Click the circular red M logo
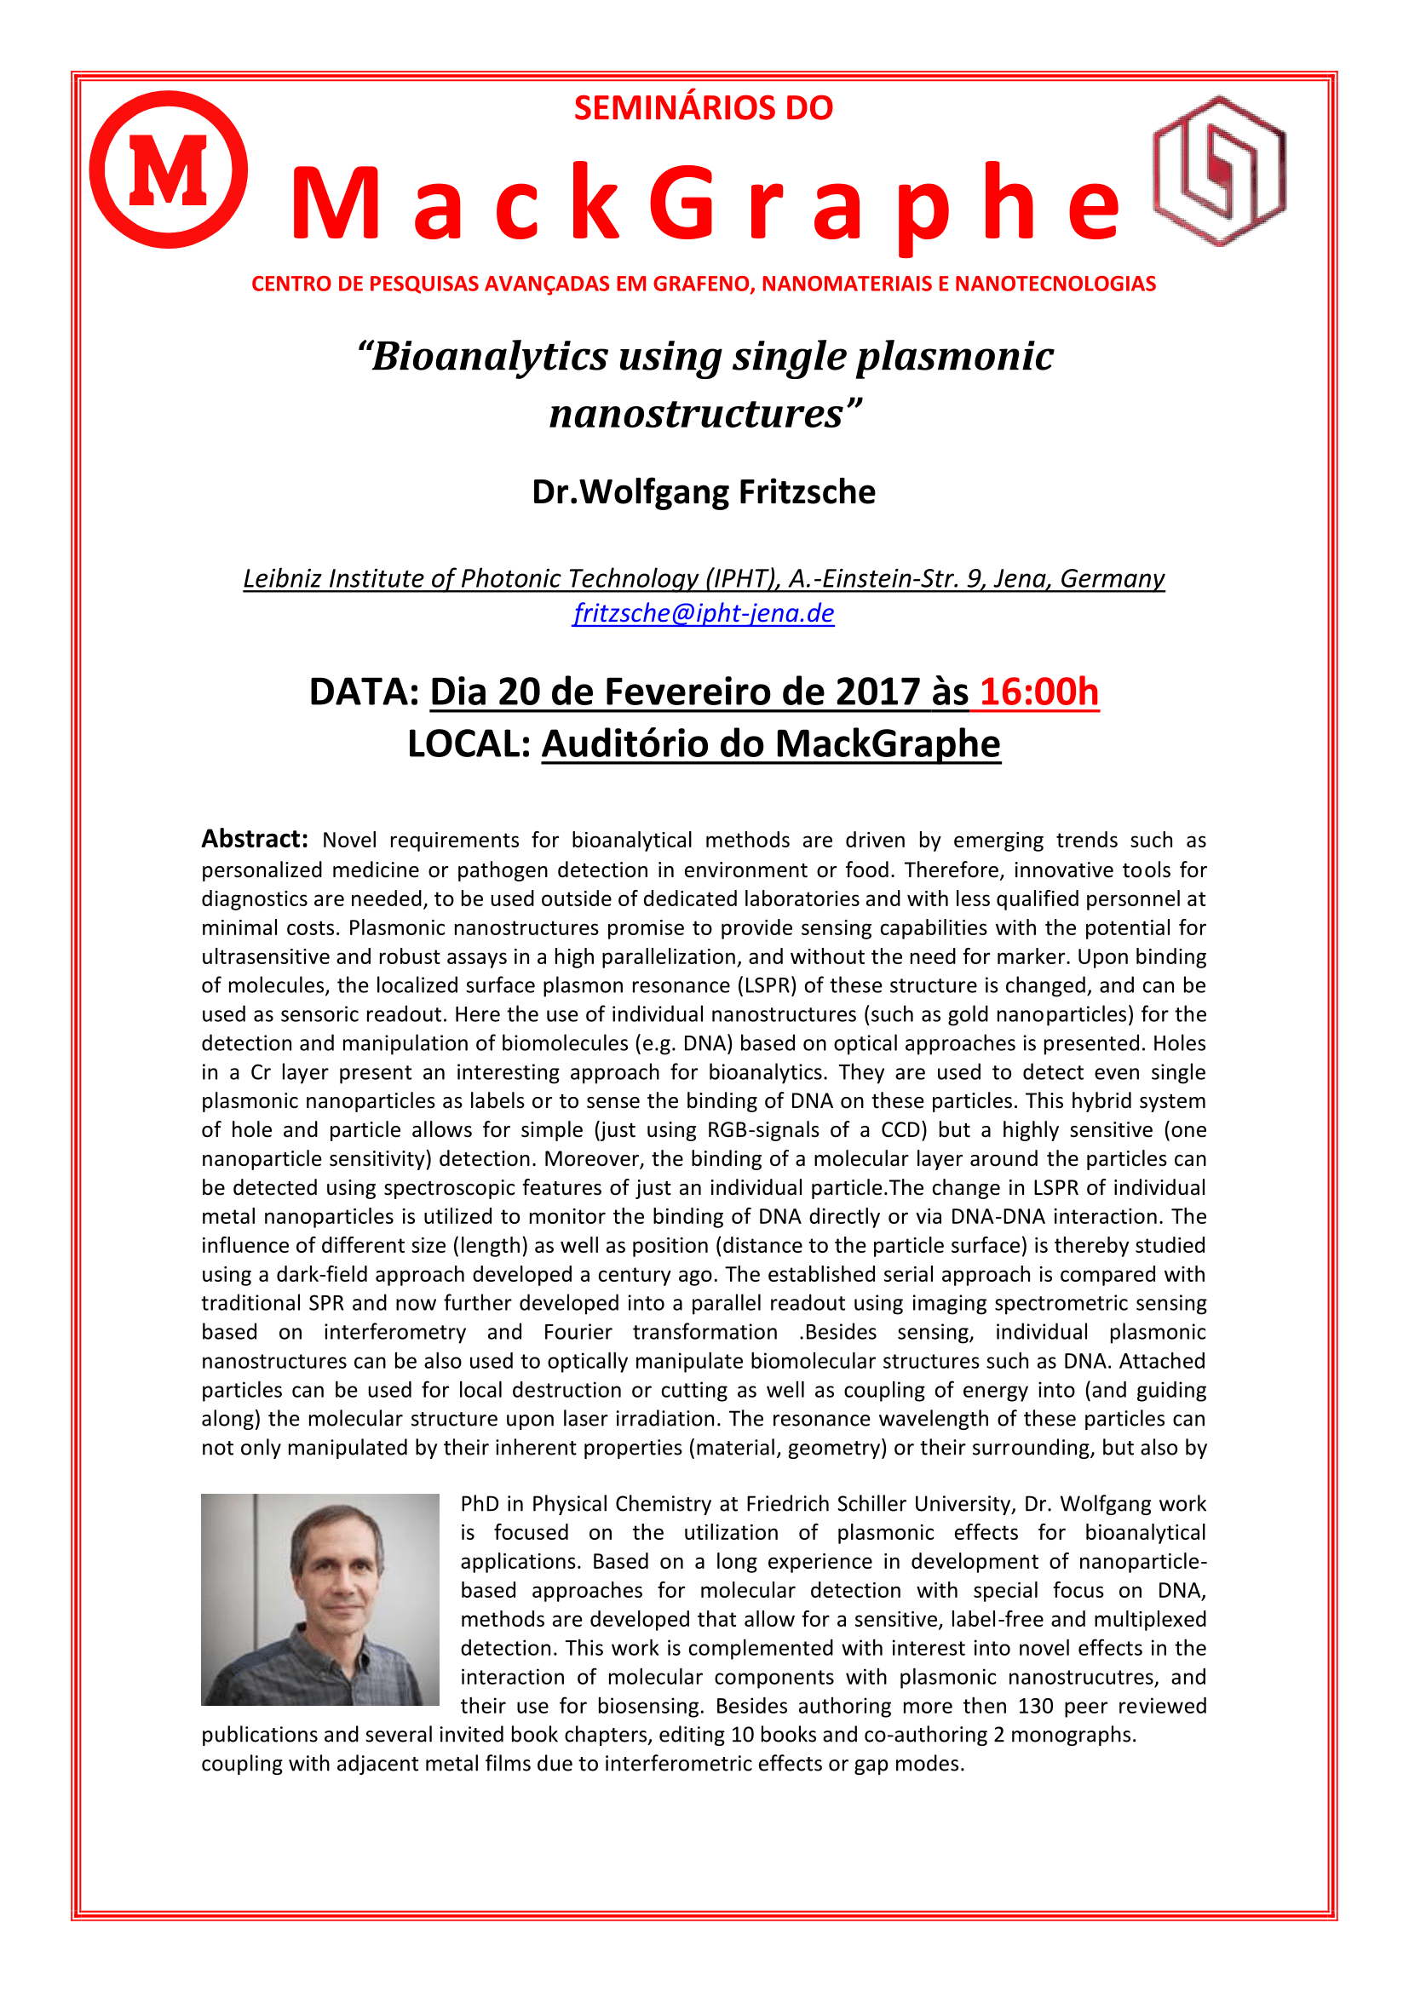coord(169,169)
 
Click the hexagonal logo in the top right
coord(1219,171)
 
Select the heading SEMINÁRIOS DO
coord(704,108)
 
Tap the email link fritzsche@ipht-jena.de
coord(704,613)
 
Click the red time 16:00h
coord(1038,692)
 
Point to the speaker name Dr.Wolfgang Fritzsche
coord(704,492)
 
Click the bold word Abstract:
coord(254,839)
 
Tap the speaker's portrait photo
coord(320,1599)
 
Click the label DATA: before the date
coord(365,692)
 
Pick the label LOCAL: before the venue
coord(469,744)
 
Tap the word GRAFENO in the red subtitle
coord(702,284)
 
